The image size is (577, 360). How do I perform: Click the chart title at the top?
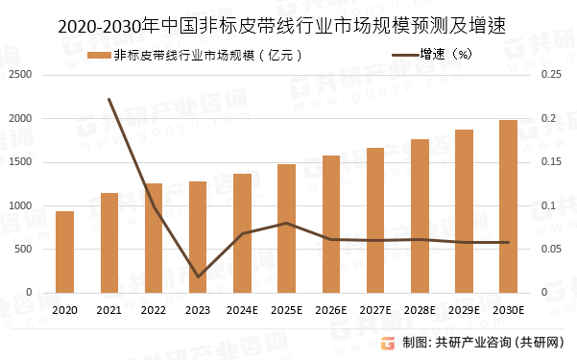tap(288, 22)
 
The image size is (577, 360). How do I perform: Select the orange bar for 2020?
tap(64, 252)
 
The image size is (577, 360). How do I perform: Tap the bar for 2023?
tap(198, 237)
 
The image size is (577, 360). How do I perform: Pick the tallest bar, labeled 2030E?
tap(508, 206)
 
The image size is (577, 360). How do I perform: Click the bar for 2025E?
tap(286, 228)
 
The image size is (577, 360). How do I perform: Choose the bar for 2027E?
tap(375, 220)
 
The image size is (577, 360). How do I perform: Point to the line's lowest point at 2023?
tap(198, 276)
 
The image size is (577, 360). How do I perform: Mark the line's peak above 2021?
tap(108, 99)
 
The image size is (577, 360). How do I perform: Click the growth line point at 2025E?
tap(286, 223)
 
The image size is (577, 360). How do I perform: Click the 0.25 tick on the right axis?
tap(551, 75)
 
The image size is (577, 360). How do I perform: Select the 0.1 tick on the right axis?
tap(548, 205)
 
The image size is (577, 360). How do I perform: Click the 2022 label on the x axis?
tap(153, 309)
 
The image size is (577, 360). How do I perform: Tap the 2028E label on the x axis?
tap(420, 309)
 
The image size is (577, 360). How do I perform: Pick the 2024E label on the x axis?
tap(242, 309)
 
